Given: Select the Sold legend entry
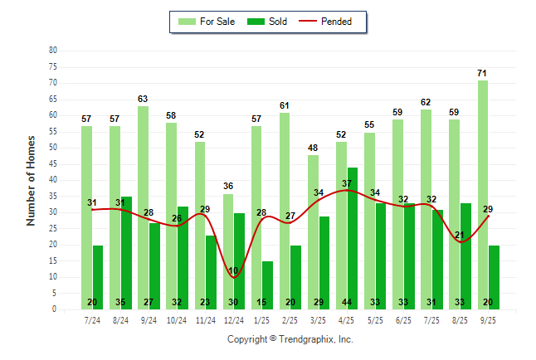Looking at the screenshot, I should [268, 22].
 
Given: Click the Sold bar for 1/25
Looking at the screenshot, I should [268, 285].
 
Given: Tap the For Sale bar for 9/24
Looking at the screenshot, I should [143, 207].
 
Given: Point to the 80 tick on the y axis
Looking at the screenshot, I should [52, 50].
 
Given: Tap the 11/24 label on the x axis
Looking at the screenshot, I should [205, 319].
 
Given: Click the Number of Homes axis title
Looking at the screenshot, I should [32, 180].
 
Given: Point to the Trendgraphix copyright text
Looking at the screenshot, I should [290, 339].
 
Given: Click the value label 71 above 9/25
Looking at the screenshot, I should [482, 74].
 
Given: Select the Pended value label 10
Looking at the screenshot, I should [234, 271].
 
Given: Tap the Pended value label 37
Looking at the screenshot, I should [347, 183].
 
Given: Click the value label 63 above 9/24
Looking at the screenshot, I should [143, 100].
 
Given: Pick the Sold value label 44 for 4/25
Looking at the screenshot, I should [353, 303].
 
